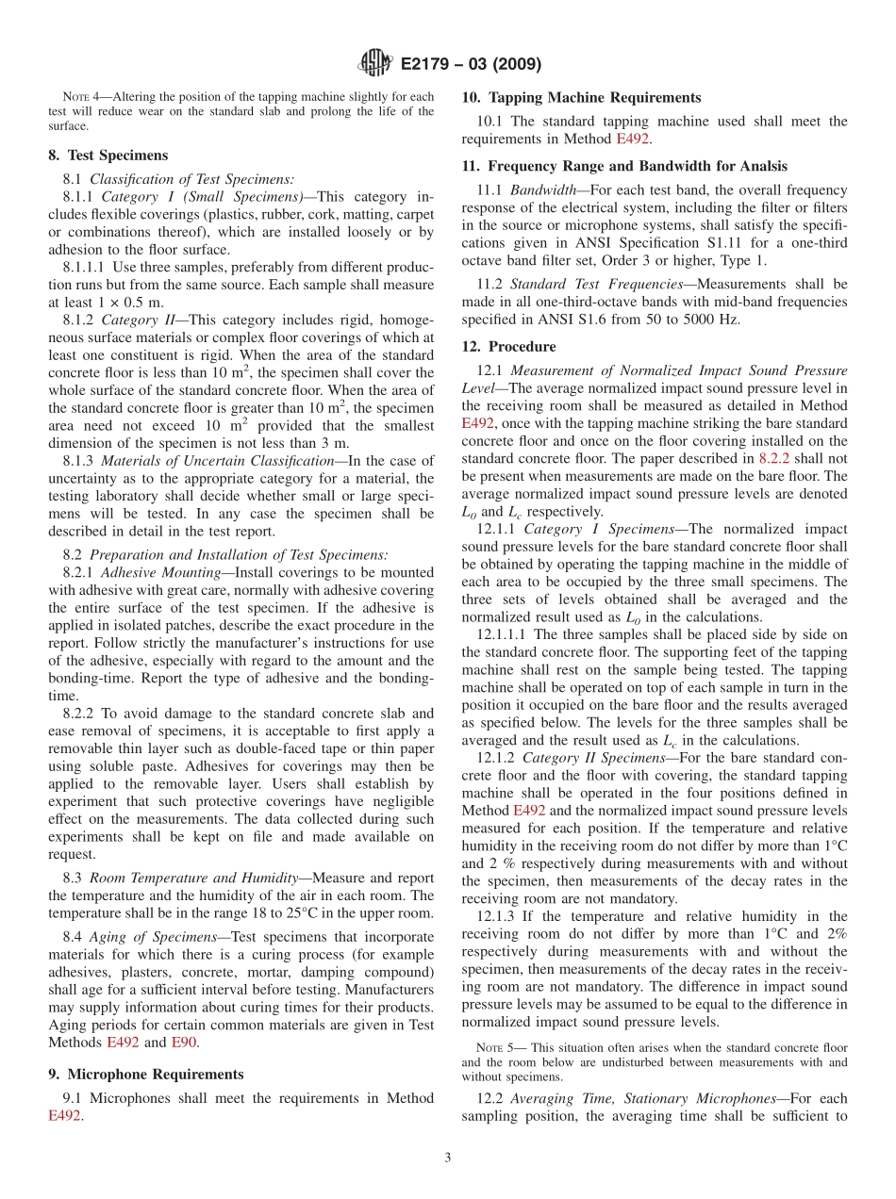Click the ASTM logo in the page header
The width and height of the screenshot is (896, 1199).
(x=374, y=64)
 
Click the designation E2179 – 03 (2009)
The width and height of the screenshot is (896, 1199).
(x=471, y=65)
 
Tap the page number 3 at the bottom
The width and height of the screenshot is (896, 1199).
(x=448, y=1158)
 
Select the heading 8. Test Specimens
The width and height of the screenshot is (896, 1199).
(x=108, y=156)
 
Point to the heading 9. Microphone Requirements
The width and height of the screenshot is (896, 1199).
(x=145, y=1074)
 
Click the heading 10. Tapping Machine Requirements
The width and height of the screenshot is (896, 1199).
(x=581, y=97)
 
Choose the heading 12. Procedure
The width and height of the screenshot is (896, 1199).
(x=508, y=346)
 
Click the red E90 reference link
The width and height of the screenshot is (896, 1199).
(x=183, y=1042)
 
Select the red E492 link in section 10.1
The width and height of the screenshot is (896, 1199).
(x=632, y=139)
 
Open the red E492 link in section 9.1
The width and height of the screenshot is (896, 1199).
(x=64, y=1115)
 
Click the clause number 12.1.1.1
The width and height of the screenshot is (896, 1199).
(x=505, y=634)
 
